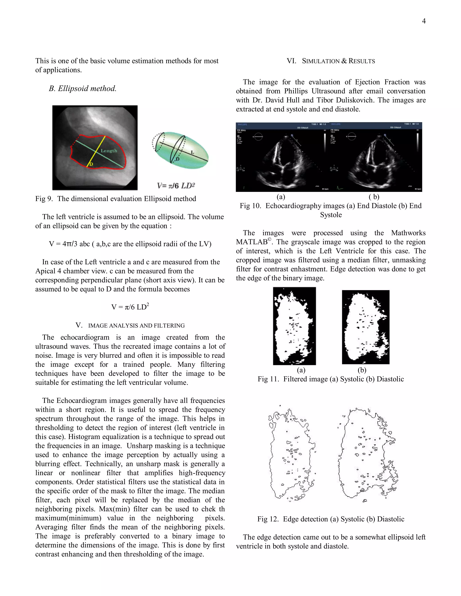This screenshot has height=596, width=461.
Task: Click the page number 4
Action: point(424,21)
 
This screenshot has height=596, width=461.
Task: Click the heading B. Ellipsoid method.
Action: point(82,88)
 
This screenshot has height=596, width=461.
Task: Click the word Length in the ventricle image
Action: point(109,151)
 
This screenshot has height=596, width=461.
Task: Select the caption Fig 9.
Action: point(115,199)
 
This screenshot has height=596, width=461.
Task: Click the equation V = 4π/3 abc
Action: point(130,244)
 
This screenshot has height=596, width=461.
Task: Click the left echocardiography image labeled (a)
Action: point(282,157)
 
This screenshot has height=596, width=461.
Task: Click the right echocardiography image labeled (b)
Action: point(376,157)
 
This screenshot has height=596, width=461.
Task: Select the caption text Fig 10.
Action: point(330,206)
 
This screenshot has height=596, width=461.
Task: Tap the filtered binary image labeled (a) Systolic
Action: point(294,326)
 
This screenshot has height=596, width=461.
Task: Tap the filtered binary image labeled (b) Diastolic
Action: point(365,327)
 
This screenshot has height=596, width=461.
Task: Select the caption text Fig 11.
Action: point(330,379)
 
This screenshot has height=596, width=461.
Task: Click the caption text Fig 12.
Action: point(330,519)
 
